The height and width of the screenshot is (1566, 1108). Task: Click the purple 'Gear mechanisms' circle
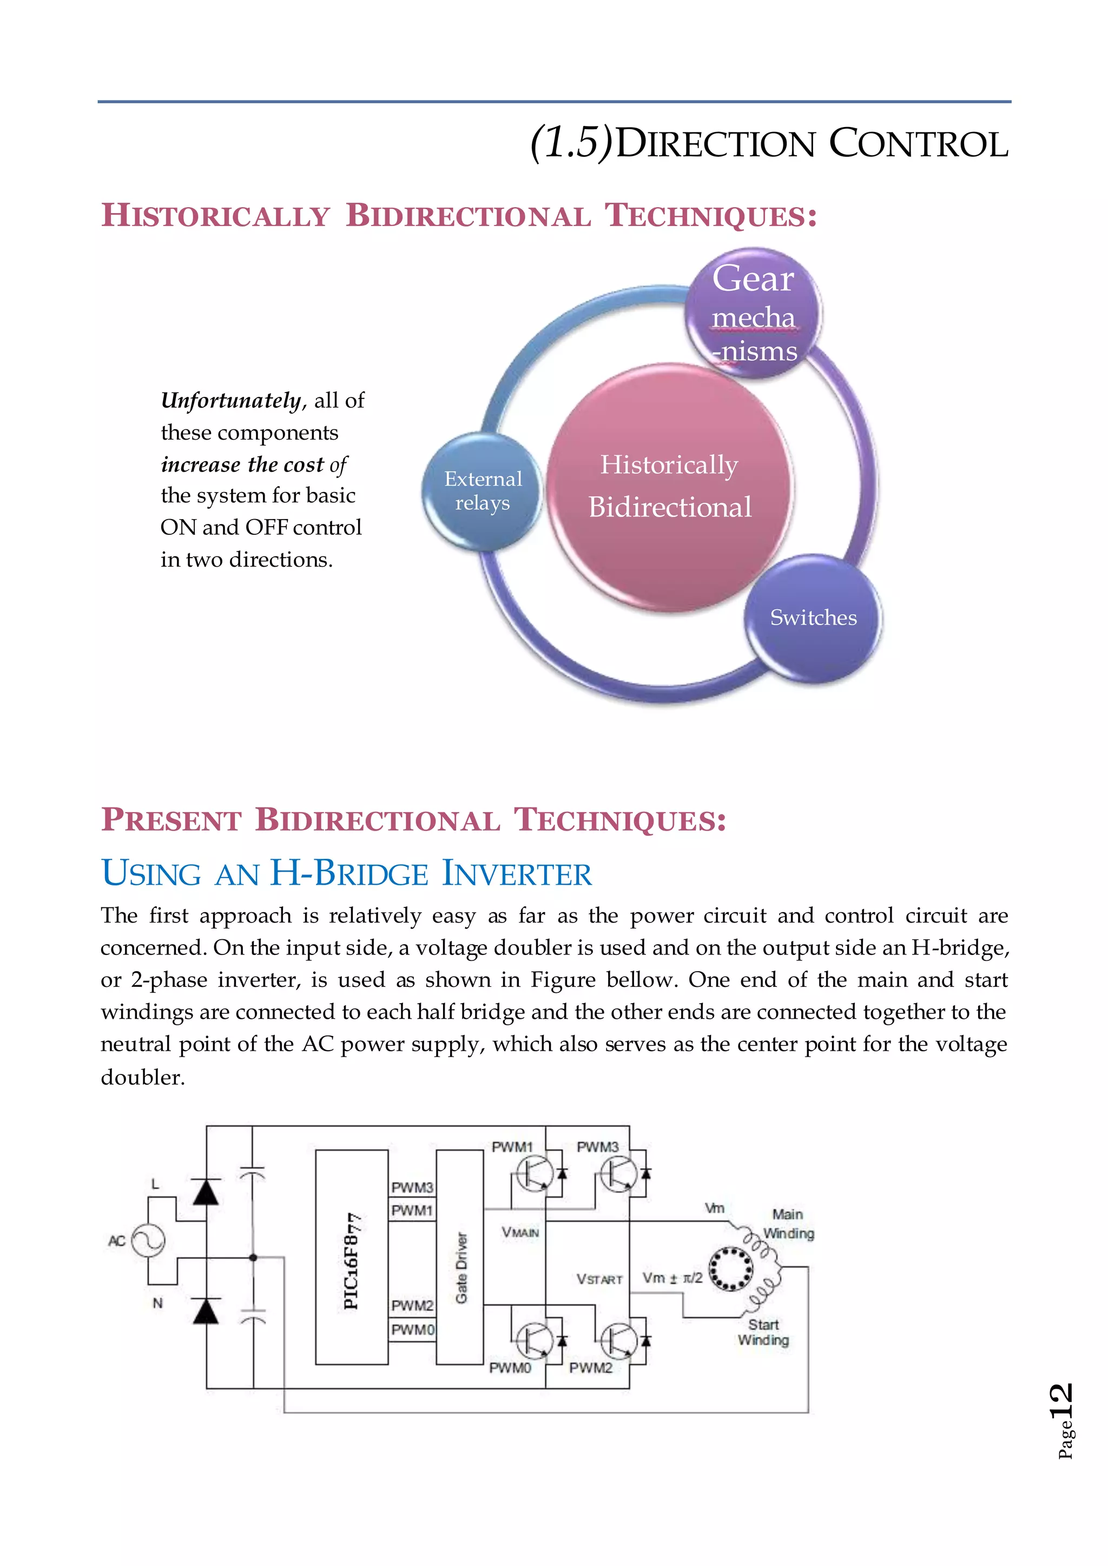pos(753,314)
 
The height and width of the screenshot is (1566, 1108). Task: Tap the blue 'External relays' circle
pos(483,491)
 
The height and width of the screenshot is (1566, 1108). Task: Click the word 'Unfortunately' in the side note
pos(230,400)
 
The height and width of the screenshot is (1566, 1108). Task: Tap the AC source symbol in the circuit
pos(148,1240)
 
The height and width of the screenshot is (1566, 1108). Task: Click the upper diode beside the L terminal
pos(206,1192)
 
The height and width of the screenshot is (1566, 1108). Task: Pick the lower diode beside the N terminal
pos(206,1311)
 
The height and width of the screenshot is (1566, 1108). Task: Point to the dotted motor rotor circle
pos(731,1269)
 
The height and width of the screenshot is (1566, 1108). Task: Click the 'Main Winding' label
pos(788,1224)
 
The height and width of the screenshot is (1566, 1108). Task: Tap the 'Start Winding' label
pos(763,1332)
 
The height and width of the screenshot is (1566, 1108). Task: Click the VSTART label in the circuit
pos(599,1279)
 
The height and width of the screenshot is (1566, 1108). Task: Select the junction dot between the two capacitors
pos(253,1257)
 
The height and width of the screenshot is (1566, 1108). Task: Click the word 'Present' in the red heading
pos(172,820)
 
